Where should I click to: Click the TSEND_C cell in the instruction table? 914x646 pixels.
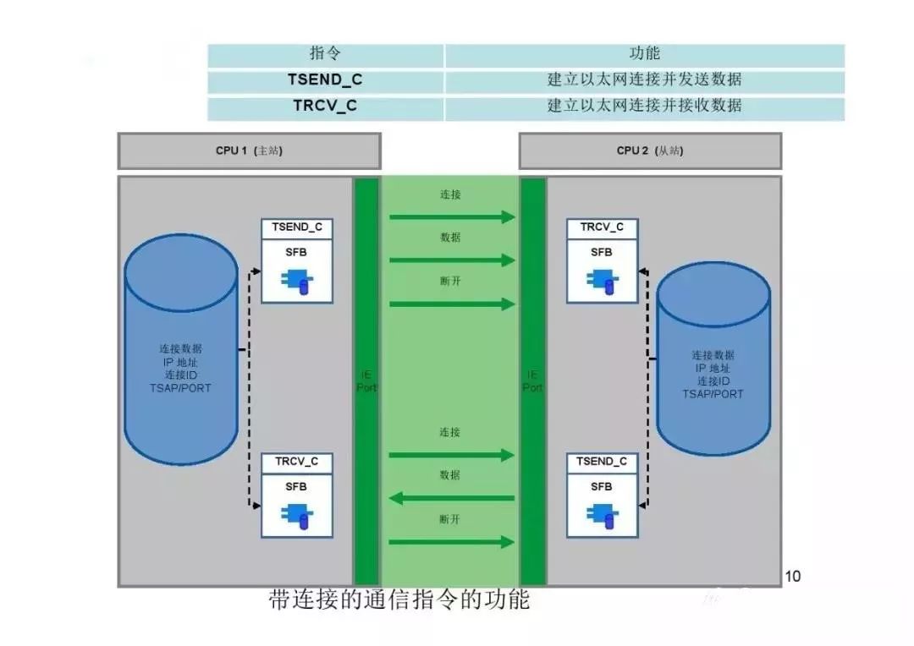click(x=326, y=80)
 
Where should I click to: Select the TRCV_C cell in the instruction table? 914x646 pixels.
click(x=326, y=107)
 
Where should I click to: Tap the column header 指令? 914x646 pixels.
click(x=326, y=54)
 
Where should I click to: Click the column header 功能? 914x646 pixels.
click(x=645, y=54)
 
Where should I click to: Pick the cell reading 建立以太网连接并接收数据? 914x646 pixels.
click(x=645, y=107)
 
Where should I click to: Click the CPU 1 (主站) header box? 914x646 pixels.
click(x=249, y=151)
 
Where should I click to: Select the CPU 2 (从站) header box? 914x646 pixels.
click(x=650, y=151)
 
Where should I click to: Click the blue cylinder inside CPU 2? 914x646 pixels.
click(x=713, y=359)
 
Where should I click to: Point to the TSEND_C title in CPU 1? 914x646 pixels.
click(x=296, y=227)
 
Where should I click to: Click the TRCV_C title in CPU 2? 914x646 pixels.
click(x=602, y=227)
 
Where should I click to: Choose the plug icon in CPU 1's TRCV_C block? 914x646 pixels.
click(x=296, y=517)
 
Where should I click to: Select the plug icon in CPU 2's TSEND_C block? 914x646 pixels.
click(x=602, y=517)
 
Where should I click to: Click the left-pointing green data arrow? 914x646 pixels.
click(x=451, y=498)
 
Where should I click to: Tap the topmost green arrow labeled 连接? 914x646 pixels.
click(x=451, y=217)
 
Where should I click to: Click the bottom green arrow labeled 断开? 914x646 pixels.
click(x=451, y=541)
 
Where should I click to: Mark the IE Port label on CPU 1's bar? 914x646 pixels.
click(x=366, y=380)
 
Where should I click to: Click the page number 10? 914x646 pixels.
click(x=792, y=577)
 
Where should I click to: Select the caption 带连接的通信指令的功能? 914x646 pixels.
click(x=399, y=599)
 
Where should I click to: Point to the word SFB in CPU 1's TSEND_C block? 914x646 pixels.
click(x=296, y=252)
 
